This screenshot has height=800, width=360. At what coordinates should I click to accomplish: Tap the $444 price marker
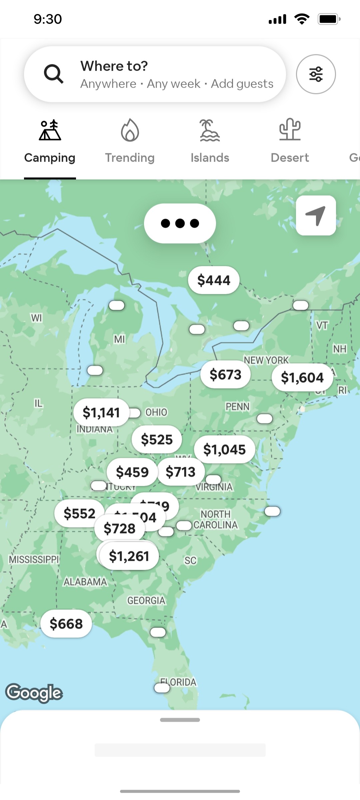click(x=214, y=280)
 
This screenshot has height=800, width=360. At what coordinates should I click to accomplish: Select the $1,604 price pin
click(x=302, y=378)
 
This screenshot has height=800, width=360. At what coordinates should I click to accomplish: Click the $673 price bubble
click(x=225, y=375)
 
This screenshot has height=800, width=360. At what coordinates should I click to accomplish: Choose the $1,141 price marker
click(x=101, y=412)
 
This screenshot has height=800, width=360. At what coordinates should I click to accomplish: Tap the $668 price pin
click(x=66, y=624)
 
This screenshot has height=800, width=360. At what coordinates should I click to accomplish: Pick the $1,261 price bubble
click(x=129, y=556)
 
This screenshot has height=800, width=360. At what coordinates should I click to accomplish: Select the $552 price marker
click(x=79, y=513)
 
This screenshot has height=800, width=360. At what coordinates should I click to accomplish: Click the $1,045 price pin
click(x=224, y=449)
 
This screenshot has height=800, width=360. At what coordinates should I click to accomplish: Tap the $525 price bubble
click(x=157, y=439)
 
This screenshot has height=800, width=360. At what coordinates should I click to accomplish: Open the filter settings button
click(x=316, y=74)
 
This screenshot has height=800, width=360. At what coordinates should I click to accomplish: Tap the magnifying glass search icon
click(x=53, y=74)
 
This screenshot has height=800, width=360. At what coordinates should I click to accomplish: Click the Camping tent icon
click(x=50, y=130)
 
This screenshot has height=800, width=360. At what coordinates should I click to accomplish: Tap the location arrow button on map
click(x=316, y=216)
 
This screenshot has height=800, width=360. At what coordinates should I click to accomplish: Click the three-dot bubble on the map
click(x=180, y=223)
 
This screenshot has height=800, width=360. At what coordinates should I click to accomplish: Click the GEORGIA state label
click(x=146, y=600)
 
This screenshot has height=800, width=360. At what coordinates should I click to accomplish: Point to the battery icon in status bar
click(x=329, y=19)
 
